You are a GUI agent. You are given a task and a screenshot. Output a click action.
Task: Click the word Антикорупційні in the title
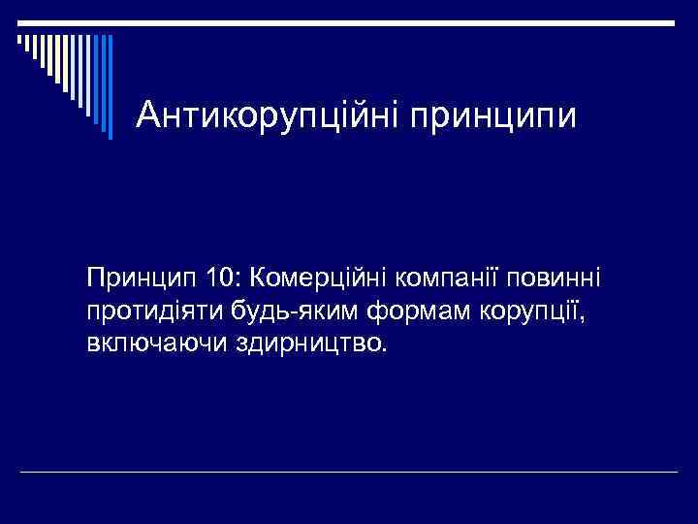click(269, 116)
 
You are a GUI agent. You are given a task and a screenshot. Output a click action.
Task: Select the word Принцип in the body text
click(141, 280)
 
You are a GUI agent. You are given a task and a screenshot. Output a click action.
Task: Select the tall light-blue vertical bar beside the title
click(109, 87)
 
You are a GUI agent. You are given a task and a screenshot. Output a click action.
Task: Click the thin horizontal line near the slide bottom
click(349, 473)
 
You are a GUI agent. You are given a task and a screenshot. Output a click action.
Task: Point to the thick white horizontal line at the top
click(349, 21)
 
